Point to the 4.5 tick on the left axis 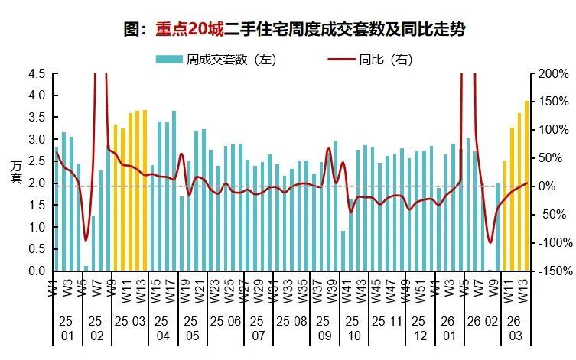(37, 74)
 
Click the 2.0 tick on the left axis (37, 184)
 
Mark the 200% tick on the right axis (553, 74)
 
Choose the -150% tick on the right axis (552, 271)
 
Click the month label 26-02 (479, 323)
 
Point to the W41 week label (344, 290)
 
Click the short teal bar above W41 (343, 251)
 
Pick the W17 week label (168, 290)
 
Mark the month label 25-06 (226, 323)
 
